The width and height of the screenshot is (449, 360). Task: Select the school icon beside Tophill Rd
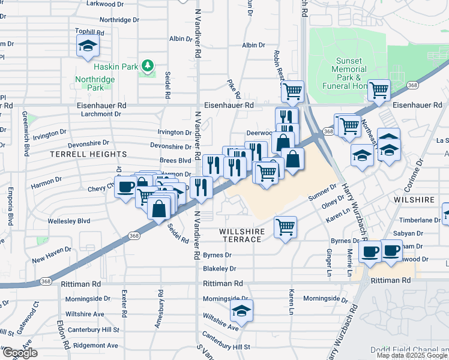coord(88,46)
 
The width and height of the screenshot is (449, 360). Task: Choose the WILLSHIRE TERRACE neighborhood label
coord(240,235)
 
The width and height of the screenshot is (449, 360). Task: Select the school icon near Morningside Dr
coord(241,311)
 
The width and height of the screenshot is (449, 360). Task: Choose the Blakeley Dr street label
coord(220,269)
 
